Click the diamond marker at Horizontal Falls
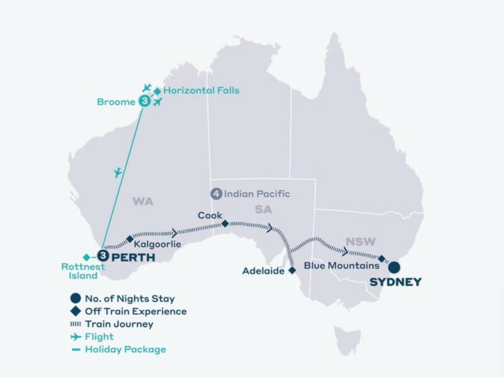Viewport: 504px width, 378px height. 157,91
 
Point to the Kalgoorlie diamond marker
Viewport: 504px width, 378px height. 130,239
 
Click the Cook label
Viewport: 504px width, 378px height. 209,214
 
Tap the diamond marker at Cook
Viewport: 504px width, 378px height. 225,224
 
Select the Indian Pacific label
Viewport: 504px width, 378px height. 257,194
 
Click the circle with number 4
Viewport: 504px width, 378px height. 217,194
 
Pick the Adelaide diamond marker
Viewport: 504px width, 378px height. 292,270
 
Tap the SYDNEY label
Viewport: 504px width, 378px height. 395,282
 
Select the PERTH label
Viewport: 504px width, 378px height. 134,256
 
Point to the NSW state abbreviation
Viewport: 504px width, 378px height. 357,241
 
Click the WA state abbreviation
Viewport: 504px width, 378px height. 143,202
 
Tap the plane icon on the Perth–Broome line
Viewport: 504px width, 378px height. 117,171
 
